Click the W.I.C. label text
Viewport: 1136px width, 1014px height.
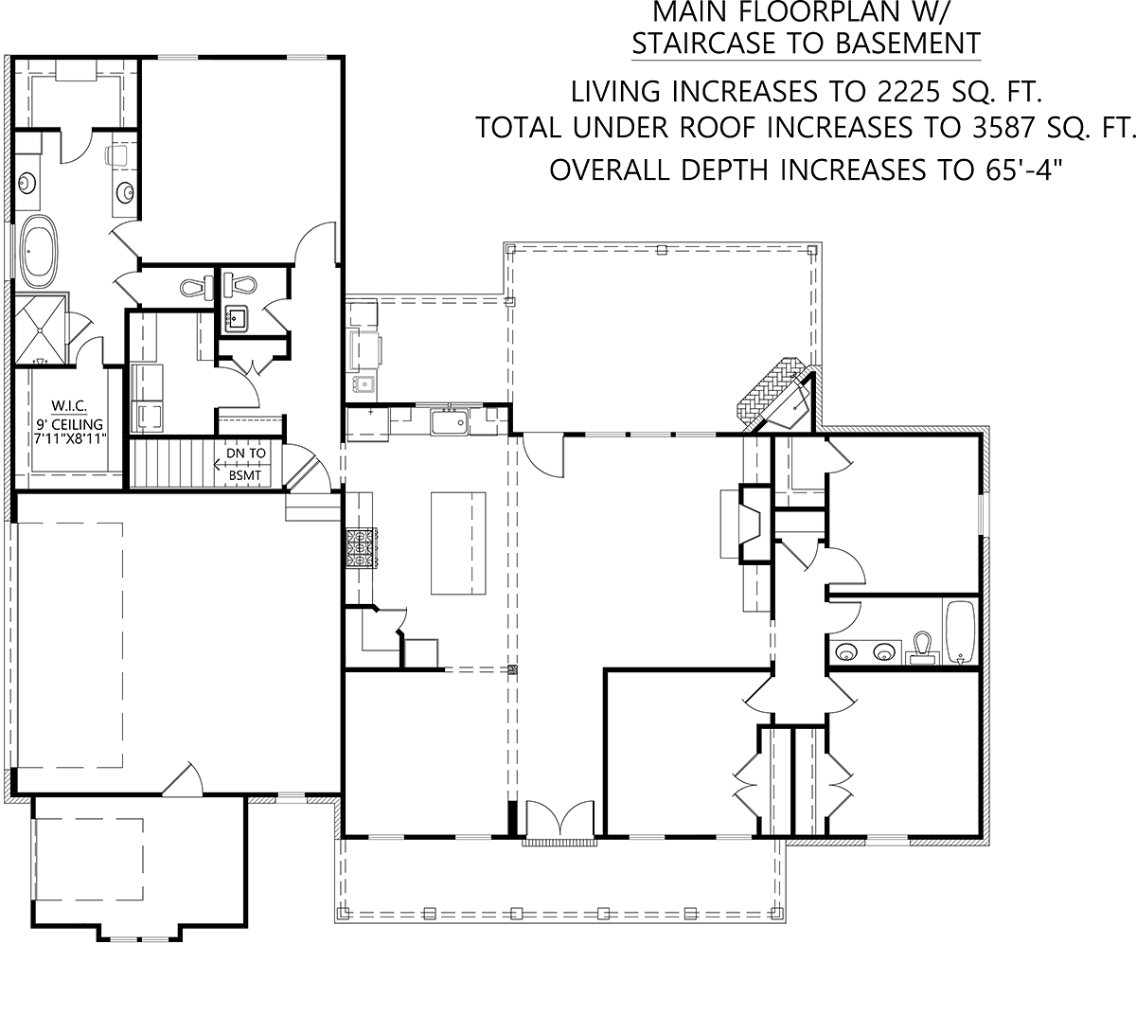pyautogui.click(x=69, y=405)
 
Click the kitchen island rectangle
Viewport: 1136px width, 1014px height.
pyautogui.click(x=458, y=543)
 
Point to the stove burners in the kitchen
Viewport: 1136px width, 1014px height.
pyautogui.click(x=362, y=548)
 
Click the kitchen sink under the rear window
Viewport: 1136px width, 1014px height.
pyautogui.click(x=449, y=421)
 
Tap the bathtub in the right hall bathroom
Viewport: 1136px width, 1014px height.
pyautogui.click(x=961, y=633)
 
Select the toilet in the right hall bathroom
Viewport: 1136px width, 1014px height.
pyautogui.click(x=922, y=649)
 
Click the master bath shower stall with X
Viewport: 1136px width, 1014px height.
pyautogui.click(x=41, y=330)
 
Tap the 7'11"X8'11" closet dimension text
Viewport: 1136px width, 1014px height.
pyautogui.click(x=70, y=438)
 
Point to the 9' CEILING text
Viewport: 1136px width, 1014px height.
pyautogui.click(x=70, y=424)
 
